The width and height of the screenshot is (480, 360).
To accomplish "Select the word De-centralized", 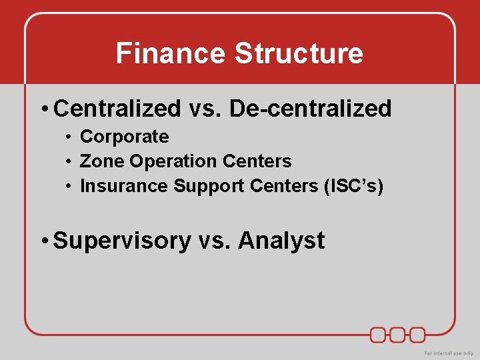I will click(x=311, y=108).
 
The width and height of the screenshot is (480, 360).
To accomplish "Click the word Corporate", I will click(x=124, y=137).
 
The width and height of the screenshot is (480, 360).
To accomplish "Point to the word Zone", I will click(x=102, y=161).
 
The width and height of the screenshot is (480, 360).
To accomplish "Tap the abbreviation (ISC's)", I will click(x=353, y=186).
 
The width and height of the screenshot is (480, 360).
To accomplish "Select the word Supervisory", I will click(x=121, y=241).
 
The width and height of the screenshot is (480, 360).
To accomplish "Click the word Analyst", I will click(x=281, y=240).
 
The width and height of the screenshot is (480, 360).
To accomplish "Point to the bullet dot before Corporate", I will click(x=69, y=137).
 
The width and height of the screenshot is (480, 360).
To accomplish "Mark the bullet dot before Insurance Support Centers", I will click(x=69, y=187).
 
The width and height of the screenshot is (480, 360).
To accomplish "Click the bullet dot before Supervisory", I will click(x=43, y=241).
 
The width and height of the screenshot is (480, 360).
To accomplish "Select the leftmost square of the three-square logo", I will click(x=379, y=334).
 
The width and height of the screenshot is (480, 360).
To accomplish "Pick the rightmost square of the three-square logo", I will click(x=417, y=334).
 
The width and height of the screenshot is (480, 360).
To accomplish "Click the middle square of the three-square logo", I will click(x=398, y=334).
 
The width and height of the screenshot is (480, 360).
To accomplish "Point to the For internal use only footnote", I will click(x=449, y=353).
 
